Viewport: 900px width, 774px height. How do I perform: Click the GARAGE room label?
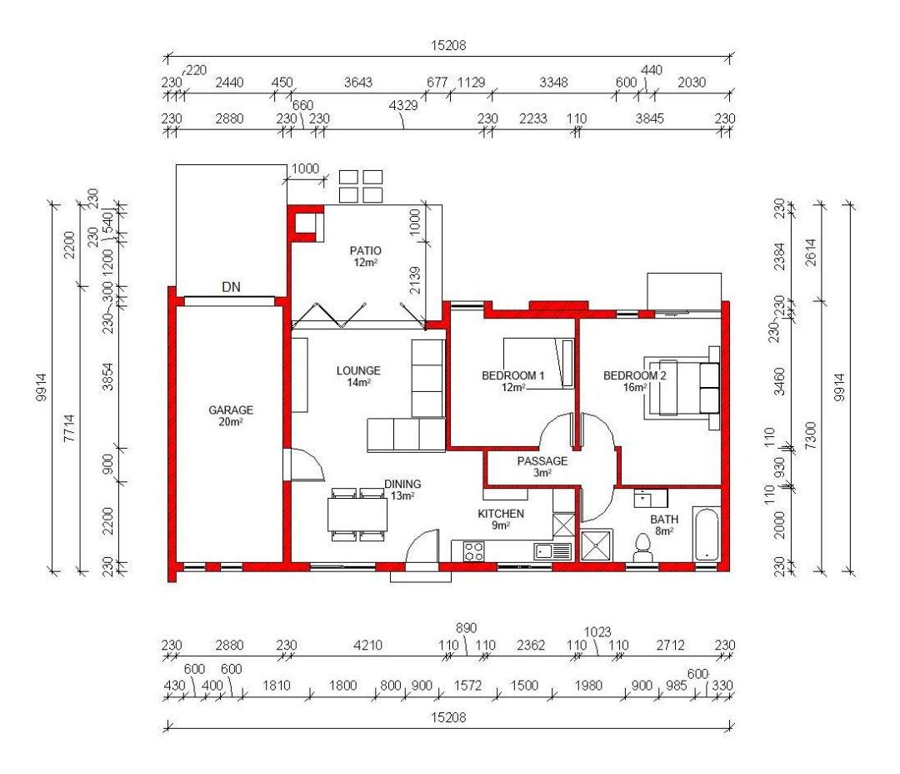tap(231, 410)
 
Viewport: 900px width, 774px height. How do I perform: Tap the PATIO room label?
tap(366, 250)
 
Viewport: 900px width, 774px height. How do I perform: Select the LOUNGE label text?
tap(358, 370)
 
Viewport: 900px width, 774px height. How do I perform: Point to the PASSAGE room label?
tap(542, 461)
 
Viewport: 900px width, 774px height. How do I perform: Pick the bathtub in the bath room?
tap(706, 534)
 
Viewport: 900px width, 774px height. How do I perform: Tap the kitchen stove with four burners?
tap(474, 551)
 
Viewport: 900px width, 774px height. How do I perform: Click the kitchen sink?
tap(552, 551)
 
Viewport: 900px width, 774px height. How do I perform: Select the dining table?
tap(357, 515)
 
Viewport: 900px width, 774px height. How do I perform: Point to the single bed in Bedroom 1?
tap(538, 363)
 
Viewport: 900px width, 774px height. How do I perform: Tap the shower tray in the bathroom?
tap(597, 545)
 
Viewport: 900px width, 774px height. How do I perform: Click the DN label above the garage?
tap(231, 287)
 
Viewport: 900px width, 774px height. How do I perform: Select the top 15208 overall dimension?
tap(448, 45)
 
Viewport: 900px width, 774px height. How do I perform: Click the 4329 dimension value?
tap(403, 105)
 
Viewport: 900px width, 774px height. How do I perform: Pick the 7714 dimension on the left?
tap(69, 428)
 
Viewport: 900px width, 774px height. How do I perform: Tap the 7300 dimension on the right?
tap(810, 435)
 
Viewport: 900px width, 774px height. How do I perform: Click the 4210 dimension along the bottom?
tap(367, 645)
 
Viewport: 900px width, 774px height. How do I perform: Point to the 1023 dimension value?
tap(597, 632)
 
